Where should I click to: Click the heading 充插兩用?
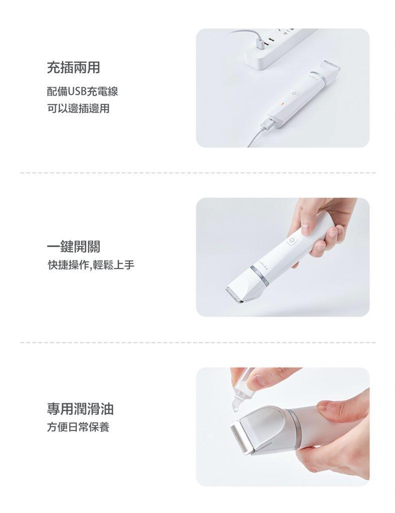point(73,68)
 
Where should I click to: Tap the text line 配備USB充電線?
point(83,91)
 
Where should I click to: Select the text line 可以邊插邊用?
point(78,108)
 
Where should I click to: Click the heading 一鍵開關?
point(73,246)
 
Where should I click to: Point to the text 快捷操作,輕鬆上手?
point(91,265)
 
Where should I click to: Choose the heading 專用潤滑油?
point(80,409)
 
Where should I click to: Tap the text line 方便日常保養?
point(78,427)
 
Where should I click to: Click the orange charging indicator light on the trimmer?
point(281,105)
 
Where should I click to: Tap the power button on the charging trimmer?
point(295,94)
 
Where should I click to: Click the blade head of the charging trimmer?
point(328,67)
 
